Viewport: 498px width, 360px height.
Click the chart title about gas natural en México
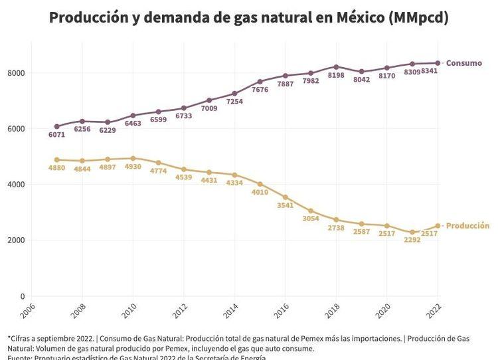click(248, 17)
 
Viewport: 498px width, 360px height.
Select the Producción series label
click(467, 226)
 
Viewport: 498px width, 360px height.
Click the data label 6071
click(57, 135)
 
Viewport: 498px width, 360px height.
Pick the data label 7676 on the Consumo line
click(260, 90)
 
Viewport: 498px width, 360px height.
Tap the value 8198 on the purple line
click(336, 76)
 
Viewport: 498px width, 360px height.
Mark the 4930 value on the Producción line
click(133, 167)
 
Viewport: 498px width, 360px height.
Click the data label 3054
click(311, 219)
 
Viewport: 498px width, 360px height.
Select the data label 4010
click(260, 193)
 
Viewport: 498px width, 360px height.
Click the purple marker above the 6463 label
click(133, 116)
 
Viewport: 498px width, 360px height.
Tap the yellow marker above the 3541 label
click(286, 197)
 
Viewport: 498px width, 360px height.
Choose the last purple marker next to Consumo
click(438, 63)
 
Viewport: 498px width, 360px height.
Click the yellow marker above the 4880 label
click(57, 160)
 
